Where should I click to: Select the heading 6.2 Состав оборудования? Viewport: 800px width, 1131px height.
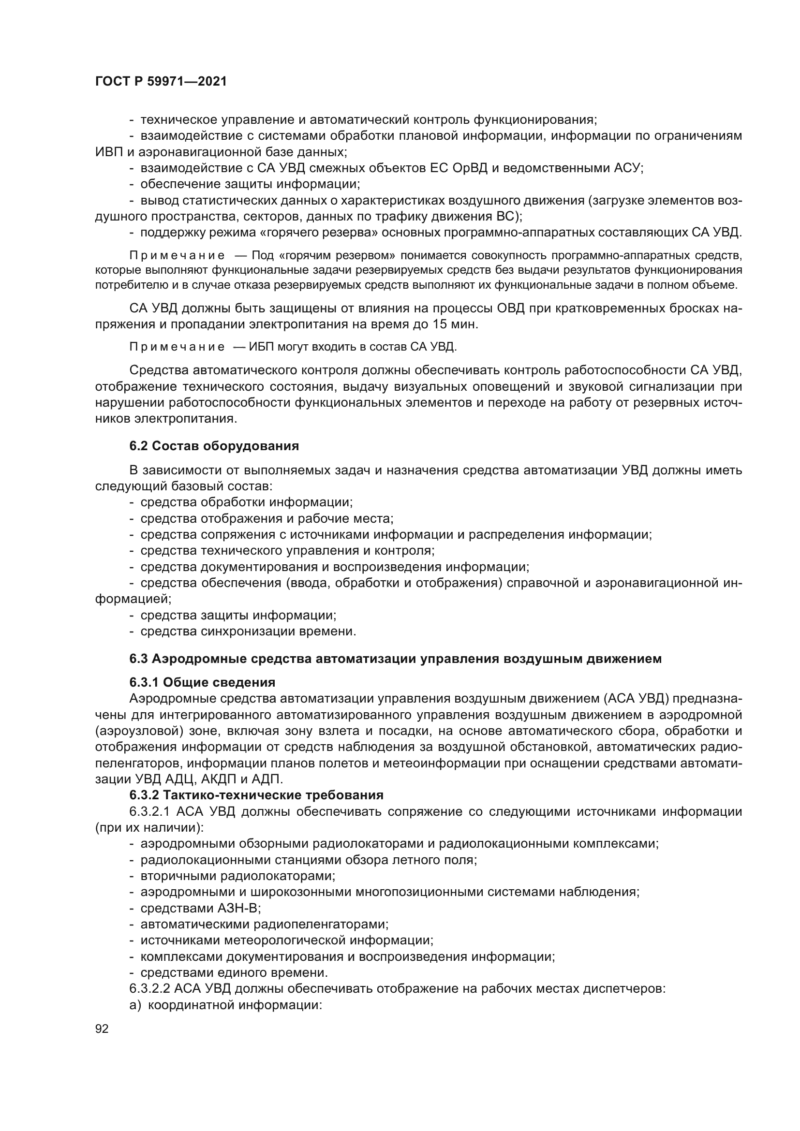tap(214, 446)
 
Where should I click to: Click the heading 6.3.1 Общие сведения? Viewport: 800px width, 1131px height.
tap(203, 682)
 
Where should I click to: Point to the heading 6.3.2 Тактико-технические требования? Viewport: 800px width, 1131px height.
tap(256, 795)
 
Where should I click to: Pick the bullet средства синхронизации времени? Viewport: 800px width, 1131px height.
tap(248, 632)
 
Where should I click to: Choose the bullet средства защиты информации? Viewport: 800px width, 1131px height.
tap(238, 615)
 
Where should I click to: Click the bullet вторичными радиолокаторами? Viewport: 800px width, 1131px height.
tap(237, 876)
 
